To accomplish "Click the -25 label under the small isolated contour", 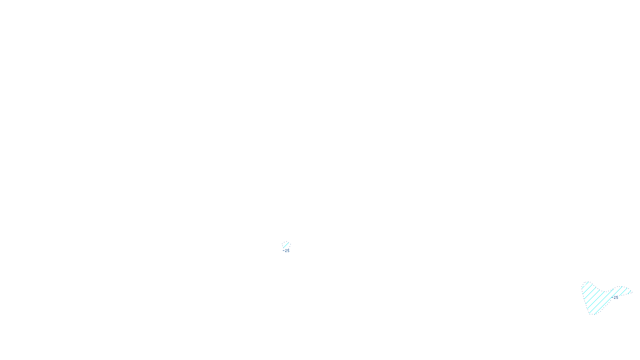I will tap(286, 251).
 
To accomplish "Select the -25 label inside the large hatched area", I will tap(616, 298).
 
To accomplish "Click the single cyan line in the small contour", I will tap(286, 245).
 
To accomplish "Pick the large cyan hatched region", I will tap(596, 298).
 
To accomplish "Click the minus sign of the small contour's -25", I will tap(283, 251).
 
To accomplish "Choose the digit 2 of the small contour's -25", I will tap(286, 251).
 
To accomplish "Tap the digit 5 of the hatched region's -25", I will tap(617, 298).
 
